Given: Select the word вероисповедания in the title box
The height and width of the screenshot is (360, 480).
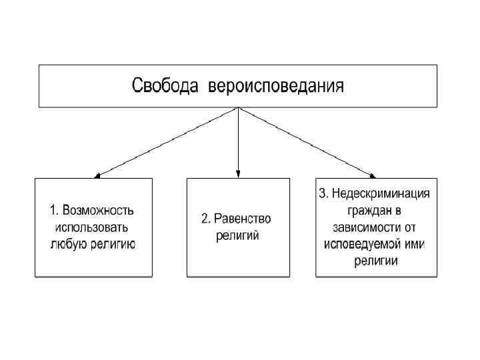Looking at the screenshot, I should coord(276,86).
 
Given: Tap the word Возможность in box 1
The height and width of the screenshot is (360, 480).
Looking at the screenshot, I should coord(99,211).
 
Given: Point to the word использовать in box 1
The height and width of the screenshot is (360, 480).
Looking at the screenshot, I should coord(93,227).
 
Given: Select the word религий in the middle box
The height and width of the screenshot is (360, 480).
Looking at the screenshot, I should coord(237,235).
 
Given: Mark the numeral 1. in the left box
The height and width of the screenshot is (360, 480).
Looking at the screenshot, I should coord(55,211).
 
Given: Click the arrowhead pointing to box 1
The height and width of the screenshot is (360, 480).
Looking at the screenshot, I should coord(97,175).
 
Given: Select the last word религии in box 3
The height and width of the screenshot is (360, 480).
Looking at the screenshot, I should coord(376,261).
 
